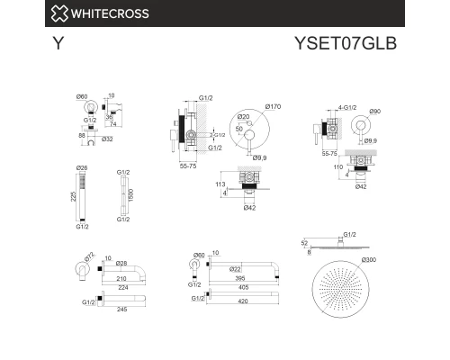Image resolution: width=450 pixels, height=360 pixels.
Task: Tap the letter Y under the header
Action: click(58, 42)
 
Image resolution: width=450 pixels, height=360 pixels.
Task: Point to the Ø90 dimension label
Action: click(376, 111)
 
